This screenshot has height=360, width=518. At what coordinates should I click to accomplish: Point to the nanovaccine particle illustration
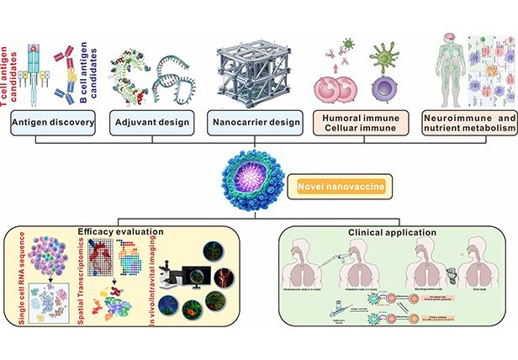point(255,181)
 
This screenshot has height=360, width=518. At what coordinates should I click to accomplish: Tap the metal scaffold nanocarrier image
point(255,63)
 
